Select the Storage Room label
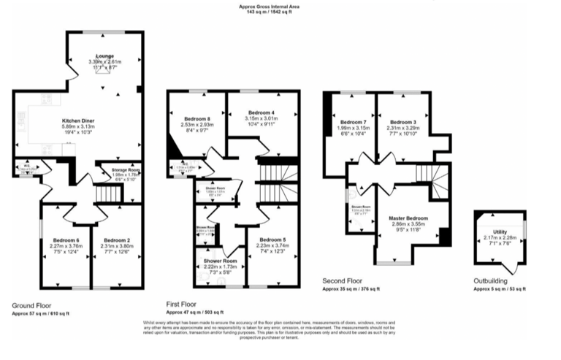click(x=126, y=169)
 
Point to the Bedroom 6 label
click(x=66, y=240)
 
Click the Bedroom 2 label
click(x=117, y=240)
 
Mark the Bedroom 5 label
click(x=272, y=240)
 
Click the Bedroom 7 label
click(x=353, y=121)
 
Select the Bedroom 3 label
click(x=402, y=121)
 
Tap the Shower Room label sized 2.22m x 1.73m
click(x=220, y=261)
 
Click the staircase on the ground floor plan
click(x=108, y=194)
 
